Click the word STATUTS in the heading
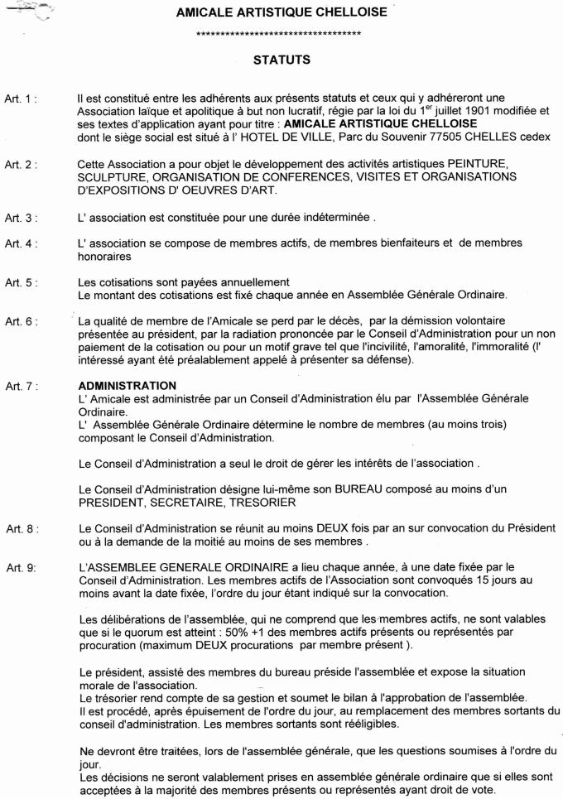click(281, 60)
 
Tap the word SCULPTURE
click(113, 177)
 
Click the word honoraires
click(106, 258)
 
